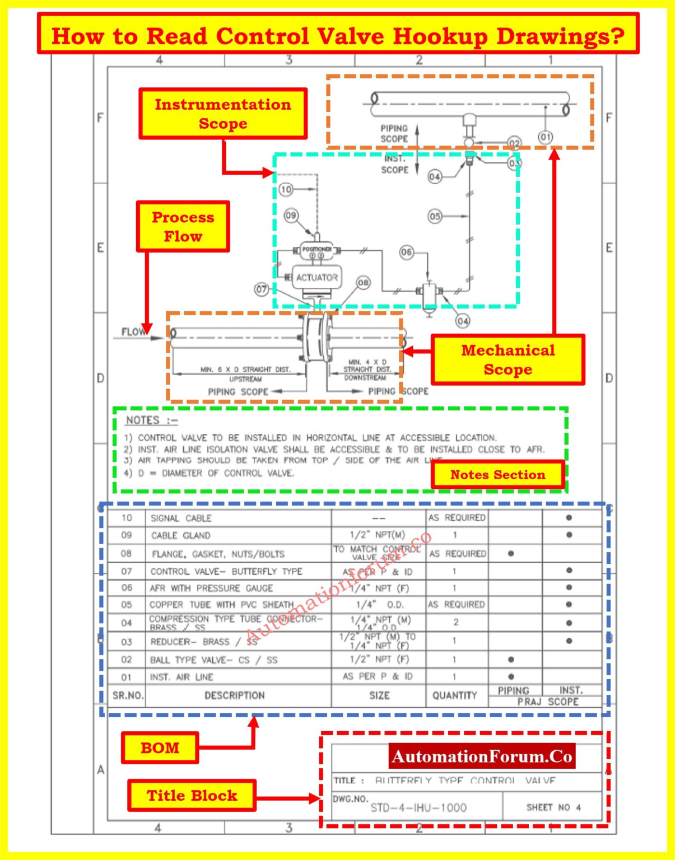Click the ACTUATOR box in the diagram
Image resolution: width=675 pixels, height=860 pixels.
316,277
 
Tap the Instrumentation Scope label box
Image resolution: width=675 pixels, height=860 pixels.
223,114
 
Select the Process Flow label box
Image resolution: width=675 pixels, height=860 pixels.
183,226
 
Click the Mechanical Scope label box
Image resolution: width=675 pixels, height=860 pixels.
508,359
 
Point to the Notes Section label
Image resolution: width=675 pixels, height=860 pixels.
497,475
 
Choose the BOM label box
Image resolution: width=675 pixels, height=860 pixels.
160,747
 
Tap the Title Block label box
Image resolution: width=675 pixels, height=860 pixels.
192,795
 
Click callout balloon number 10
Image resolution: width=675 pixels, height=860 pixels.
286,189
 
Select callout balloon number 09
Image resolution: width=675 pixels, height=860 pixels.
291,216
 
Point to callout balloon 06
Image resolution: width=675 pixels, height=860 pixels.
407,253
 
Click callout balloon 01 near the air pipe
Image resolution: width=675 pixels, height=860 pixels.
545,137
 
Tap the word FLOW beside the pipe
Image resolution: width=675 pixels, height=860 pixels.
133,332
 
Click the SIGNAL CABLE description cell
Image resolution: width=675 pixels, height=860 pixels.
181,518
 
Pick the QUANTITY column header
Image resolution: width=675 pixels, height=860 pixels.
454,695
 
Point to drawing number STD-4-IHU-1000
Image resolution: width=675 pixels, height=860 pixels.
418,807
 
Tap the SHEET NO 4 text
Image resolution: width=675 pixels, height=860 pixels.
553,807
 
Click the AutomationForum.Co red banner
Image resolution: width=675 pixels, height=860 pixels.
482,756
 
